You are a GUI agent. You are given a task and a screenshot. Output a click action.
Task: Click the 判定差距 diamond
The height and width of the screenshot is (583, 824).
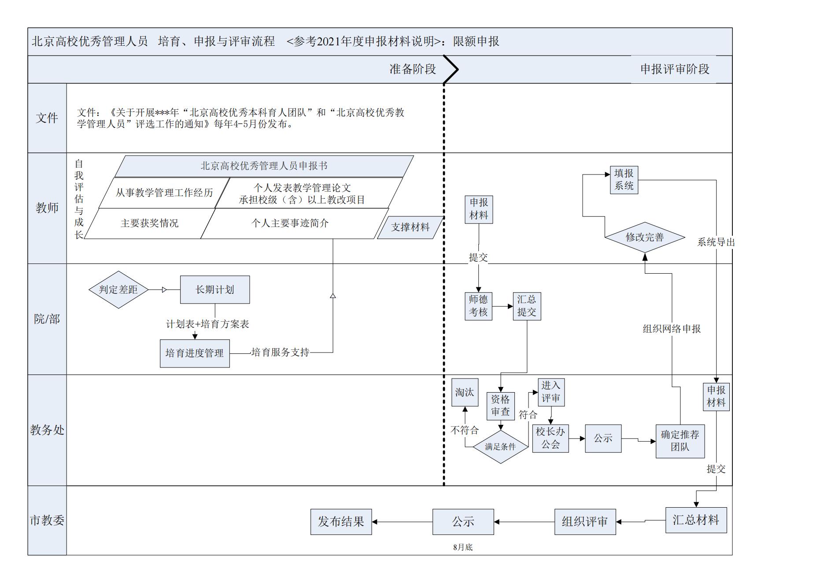click(118, 290)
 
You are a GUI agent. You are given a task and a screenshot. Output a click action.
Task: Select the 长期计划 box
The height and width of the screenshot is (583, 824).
click(215, 290)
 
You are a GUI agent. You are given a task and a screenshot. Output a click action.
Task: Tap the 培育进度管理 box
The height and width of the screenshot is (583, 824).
click(195, 353)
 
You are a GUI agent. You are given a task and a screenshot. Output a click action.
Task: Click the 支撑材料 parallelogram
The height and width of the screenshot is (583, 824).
click(410, 227)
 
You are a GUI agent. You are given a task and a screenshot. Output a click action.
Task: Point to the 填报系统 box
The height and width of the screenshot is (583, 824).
click(624, 180)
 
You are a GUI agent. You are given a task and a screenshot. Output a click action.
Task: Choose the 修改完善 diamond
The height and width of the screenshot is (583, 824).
click(645, 237)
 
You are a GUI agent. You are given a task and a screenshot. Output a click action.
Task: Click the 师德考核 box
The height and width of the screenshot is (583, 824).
click(478, 306)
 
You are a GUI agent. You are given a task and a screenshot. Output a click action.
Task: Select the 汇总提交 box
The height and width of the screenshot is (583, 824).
click(527, 306)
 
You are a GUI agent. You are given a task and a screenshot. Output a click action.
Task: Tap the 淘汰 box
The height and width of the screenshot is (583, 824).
click(465, 392)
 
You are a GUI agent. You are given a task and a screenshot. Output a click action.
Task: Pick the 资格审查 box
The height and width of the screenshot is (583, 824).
click(500, 405)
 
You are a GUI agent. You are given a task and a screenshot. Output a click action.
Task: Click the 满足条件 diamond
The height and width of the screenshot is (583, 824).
click(500, 447)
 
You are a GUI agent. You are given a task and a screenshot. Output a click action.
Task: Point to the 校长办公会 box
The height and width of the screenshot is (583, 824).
click(551, 438)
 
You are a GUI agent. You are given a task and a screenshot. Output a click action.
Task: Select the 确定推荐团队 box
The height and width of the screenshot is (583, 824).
click(680, 441)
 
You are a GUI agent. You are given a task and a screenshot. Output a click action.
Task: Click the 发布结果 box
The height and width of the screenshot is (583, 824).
click(341, 522)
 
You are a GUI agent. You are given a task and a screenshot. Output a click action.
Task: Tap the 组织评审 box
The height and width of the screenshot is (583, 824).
click(585, 522)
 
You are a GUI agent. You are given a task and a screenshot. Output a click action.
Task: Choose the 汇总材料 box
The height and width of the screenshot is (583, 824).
click(696, 520)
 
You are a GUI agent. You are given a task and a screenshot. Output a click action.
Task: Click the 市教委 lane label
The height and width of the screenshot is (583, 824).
click(47, 520)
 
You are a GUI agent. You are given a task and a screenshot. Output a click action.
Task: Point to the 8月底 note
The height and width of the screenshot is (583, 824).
click(463, 547)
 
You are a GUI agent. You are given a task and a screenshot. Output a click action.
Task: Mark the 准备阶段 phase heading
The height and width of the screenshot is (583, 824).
click(413, 69)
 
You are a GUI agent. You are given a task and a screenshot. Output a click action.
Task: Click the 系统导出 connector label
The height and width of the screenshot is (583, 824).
click(716, 242)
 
